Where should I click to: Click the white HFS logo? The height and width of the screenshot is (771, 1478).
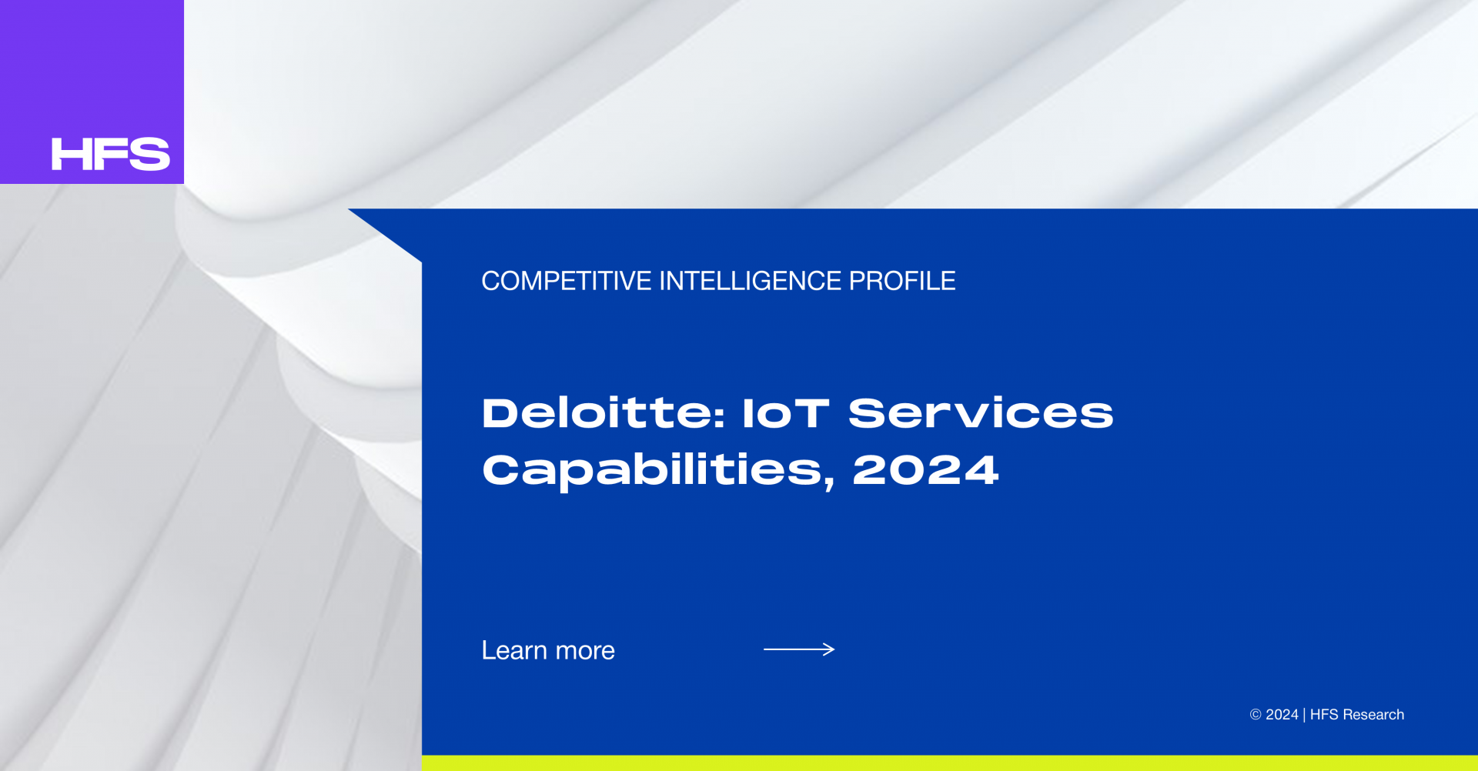pos(111,154)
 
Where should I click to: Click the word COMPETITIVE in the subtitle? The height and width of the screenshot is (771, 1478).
pos(567,281)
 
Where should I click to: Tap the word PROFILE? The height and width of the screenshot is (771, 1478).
pos(902,281)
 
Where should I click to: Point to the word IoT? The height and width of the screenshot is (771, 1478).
pos(786,413)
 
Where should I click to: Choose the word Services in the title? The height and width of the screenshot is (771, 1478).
pos(981,413)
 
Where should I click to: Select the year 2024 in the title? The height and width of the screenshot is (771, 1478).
pos(926,469)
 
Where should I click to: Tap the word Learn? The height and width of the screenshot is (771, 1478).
pos(514,650)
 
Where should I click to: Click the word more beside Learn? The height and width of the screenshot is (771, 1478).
pos(585,653)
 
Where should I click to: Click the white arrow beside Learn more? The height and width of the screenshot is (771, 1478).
pos(799,649)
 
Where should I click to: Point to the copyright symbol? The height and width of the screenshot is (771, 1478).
pos(1256,715)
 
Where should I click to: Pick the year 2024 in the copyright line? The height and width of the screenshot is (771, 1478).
pos(1282,715)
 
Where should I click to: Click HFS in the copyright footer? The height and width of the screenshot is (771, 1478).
pos(1324,715)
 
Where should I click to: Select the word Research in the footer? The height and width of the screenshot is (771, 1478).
pos(1373,715)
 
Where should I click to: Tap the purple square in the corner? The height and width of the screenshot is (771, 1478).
pos(92,92)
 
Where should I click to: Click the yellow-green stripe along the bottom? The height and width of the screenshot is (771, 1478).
pos(950,763)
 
